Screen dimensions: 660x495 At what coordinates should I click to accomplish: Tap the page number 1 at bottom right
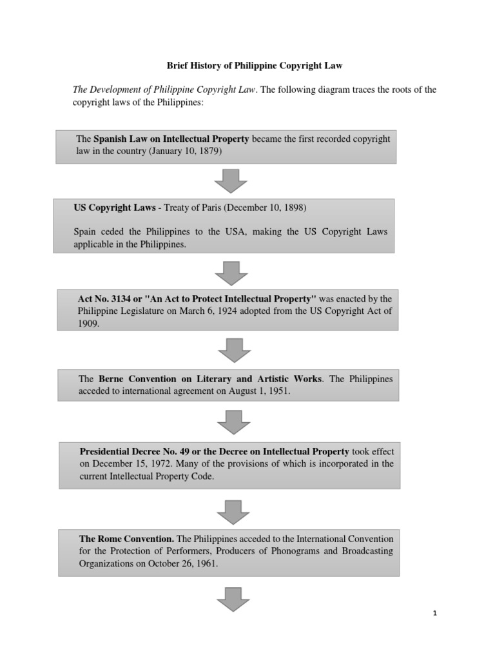click(435, 613)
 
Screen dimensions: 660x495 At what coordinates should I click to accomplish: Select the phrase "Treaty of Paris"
click(193, 208)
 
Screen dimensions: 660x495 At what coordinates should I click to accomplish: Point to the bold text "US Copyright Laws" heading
click(115, 208)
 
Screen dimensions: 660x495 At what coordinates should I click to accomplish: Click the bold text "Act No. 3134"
click(103, 299)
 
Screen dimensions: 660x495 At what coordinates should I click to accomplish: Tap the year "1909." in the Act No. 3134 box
click(88, 325)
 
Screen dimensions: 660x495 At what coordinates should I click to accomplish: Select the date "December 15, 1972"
click(139, 463)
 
